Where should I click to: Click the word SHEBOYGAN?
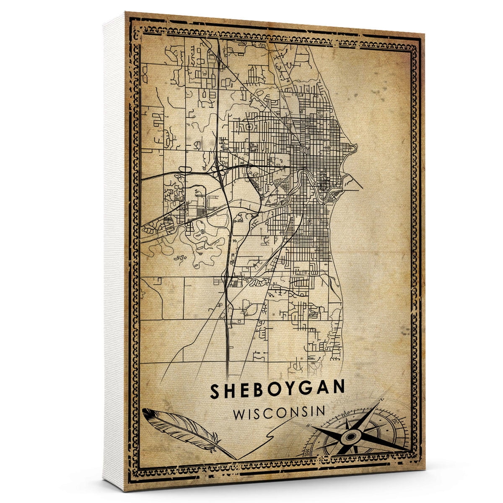(x=277, y=390)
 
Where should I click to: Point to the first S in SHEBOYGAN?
(x=215, y=391)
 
